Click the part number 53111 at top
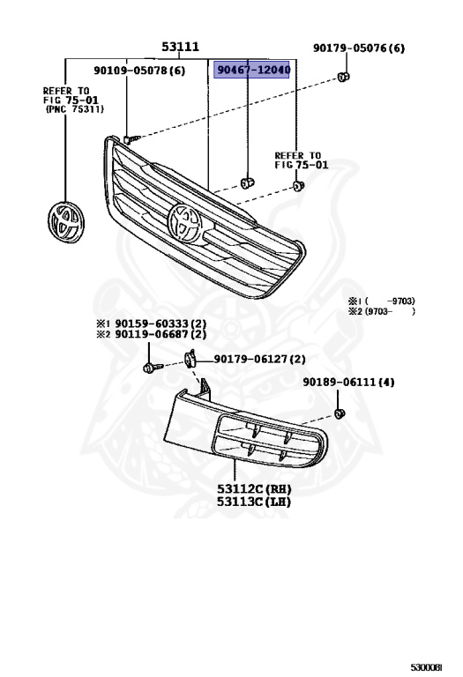pos(180,47)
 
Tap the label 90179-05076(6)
pos(359,48)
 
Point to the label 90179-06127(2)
pos(259,359)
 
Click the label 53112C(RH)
pos(255,487)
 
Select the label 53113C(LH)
pos(255,502)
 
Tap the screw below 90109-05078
pos(131,138)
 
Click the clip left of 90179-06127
pos(190,359)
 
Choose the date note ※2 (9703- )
pos(381,311)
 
